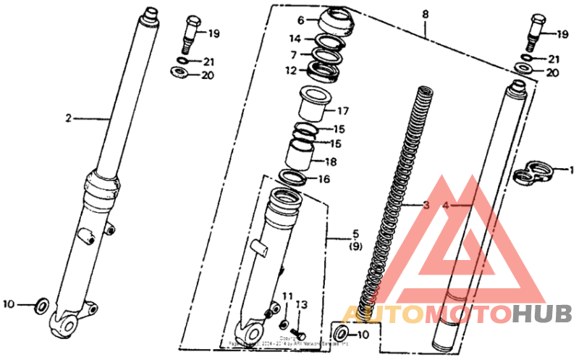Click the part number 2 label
click(x=69, y=118)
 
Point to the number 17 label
click(x=343, y=112)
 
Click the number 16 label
click(x=324, y=179)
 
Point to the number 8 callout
click(x=425, y=14)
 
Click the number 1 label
click(x=571, y=171)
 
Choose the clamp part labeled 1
click(x=533, y=172)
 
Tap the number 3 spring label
click(x=426, y=206)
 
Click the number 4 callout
click(x=446, y=206)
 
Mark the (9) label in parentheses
click(x=356, y=246)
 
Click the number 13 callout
click(x=302, y=304)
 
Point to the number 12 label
click(x=290, y=71)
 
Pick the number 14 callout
click(x=295, y=39)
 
